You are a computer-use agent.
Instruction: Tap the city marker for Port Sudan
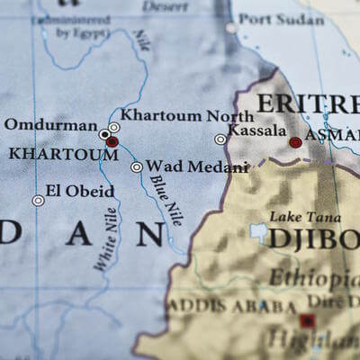pyautogui.click(x=232, y=27)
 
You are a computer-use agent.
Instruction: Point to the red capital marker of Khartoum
pyautogui.click(x=112, y=141)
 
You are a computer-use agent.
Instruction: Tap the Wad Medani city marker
pyautogui.click(x=136, y=166)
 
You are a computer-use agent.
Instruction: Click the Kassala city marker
pyautogui.click(x=220, y=139)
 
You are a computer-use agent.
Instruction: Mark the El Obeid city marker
pyautogui.click(x=38, y=200)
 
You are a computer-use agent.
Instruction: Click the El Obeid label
pyautogui.click(x=81, y=191)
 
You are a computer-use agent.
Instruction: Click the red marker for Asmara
pyautogui.click(x=295, y=142)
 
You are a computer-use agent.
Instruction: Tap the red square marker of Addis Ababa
pyautogui.click(x=308, y=320)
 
